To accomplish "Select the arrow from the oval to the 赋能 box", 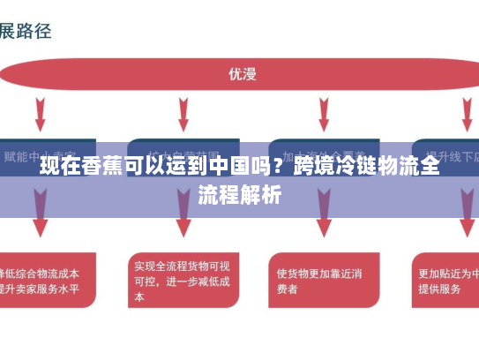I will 40,115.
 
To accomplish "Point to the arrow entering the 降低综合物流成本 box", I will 40,221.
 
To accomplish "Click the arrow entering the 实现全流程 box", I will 182,221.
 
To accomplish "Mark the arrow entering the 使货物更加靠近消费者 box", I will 322,221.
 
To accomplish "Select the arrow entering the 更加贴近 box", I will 465,221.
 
